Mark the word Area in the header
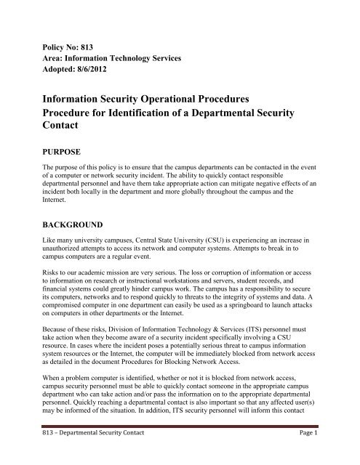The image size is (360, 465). [x=53, y=58]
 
